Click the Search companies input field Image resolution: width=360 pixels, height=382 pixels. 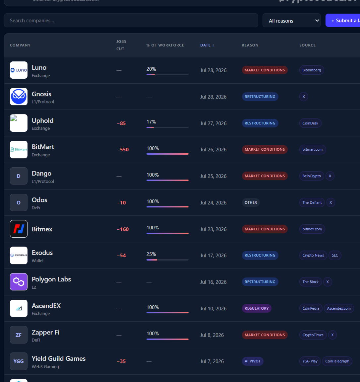pyautogui.click(x=131, y=21)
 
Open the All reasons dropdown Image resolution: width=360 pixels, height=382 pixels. pyautogui.click(x=292, y=21)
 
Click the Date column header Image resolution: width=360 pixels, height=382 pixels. pyautogui.click(x=207, y=45)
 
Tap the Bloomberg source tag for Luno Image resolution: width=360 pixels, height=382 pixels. pyautogui.click(x=312, y=70)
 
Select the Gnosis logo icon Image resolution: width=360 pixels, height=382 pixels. pyautogui.click(x=19, y=97)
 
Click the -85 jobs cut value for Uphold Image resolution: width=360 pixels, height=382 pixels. pyautogui.click(x=121, y=123)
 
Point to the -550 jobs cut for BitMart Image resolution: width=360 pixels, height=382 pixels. pyautogui.click(x=123, y=150)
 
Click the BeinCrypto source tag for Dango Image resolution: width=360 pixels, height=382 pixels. pyautogui.click(x=312, y=176)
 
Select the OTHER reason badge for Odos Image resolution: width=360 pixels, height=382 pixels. pyautogui.click(x=251, y=202)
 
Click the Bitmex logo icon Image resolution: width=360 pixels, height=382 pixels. pyautogui.click(x=19, y=229)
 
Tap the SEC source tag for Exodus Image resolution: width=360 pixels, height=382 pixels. pyautogui.click(x=335, y=255)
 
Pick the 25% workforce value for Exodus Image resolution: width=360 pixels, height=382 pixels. pyautogui.click(x=151, y=254)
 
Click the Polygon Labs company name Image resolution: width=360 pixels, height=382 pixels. pyautogui.click(x=51, y=279)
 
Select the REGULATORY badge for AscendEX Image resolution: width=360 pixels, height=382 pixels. pyautogui.click(x=257, y=308)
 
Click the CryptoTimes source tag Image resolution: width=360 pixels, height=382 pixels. pyautogui.click(x=313, y=335)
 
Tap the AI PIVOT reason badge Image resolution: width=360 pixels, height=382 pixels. pyautogui.click(x=252, y=361)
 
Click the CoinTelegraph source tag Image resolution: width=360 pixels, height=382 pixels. pyautogui.click(x=337, y=361)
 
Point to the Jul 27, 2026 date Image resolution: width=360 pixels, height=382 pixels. pyautogui.click(x=213, y=123)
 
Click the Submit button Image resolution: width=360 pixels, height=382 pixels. pyautogui.click(x=343, y=21)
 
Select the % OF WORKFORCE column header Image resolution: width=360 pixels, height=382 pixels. pyautogui.click(x=165, y=45)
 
